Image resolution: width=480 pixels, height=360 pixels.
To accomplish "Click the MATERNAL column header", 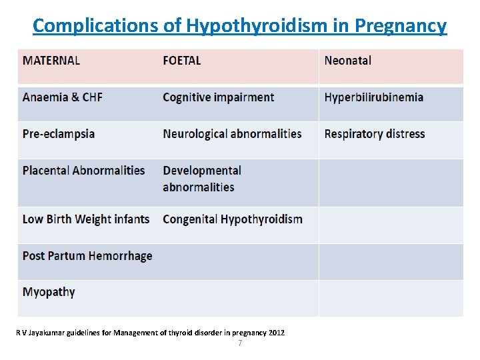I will (51, 61).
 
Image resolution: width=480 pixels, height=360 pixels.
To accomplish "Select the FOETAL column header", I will (181, 61).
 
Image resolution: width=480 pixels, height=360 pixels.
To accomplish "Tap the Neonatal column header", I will (347, 61).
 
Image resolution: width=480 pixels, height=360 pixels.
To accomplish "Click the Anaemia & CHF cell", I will (63, 97).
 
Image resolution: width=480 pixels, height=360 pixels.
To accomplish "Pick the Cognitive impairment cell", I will (218, 97).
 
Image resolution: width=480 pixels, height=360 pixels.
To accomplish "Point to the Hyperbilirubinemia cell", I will (373, 97).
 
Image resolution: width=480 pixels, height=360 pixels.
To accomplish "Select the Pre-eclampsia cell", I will (59, 133).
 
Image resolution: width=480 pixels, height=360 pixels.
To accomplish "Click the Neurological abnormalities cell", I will (232, 133).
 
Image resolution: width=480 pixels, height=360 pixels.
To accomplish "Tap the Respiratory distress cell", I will (374, 133).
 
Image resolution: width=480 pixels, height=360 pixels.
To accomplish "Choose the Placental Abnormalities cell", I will (83, 170).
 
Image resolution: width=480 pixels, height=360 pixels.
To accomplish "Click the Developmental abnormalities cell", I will (201, 179).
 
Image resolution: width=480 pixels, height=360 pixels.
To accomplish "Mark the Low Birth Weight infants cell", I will (85, 219).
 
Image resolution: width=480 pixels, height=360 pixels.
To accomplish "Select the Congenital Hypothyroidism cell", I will (232, 219).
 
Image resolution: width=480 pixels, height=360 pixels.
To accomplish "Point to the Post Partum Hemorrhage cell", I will (87, 256).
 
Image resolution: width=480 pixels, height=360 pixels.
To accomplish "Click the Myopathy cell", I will (49, 292).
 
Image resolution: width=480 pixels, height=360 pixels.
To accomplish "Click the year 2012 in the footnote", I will (276, 332).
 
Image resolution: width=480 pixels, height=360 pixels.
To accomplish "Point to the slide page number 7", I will (240, 343).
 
